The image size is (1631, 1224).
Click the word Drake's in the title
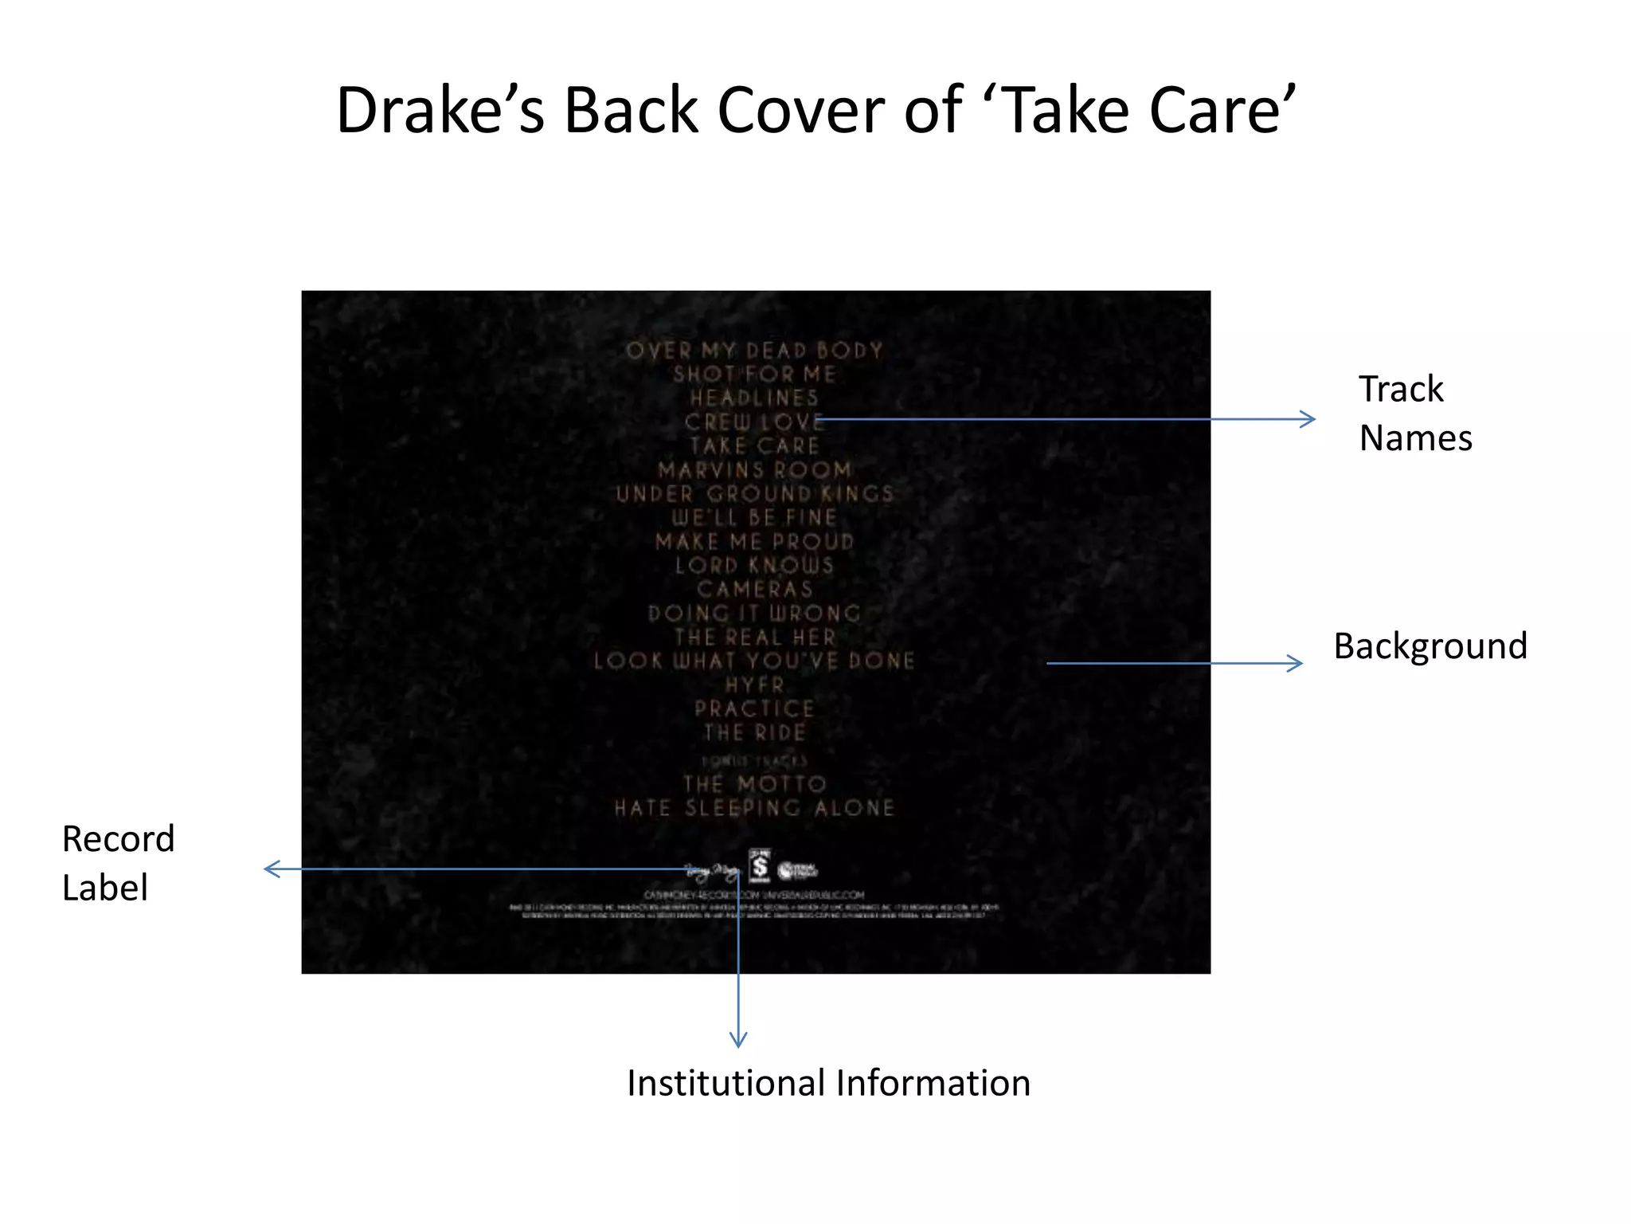pyautogui.click(x=440, y=110)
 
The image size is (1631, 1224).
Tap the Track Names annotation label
pyautogui.click(x=1415, y=414)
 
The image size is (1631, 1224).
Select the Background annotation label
pyautogui.click(x=1430, y=645)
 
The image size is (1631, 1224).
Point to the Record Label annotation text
pyautogui.click(x=118, y=863)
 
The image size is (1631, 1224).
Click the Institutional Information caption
pyautogui.click(x=828, y=1083)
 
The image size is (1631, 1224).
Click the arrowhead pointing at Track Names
pyautogui.click(x=1308, y=419)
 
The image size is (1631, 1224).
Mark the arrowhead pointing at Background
pyautogui.click(x=1295, y=663)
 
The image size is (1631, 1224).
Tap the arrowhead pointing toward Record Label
pyautogui.click(x=272, y=869)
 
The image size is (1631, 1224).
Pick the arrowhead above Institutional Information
pyautogui.click(x=738, y=1039)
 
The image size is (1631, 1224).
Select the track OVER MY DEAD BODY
pyautogui.click(x=754, y=351)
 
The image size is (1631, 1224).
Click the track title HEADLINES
pyautogui.click(x=754, y=398)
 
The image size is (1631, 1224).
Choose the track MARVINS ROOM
pyautogui.click(x=754, y=470)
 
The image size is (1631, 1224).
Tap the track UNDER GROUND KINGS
pyautogui.click(x=754, y=494)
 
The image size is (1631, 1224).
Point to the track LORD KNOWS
pyautogui.click(x=754, y=566)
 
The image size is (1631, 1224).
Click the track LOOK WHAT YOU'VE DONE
pyautogui.click(x=754, y=661)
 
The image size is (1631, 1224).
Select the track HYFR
pyautogui.click(x=754, y=685)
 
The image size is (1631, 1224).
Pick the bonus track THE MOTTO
pyautogui.click(x=754, y=784)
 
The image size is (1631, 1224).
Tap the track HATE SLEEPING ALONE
pyautogui.click(x=754, y=808)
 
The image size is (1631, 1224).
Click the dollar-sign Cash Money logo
pyautogui.click(x=760, y=866)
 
